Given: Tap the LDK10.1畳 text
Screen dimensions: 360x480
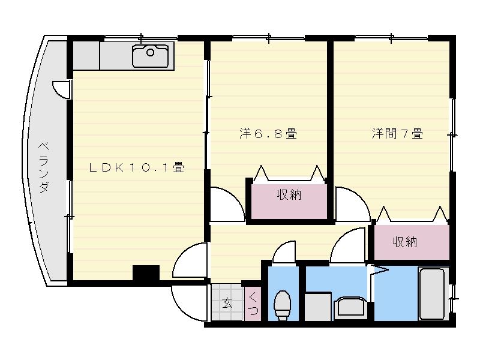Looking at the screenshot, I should (136, 169).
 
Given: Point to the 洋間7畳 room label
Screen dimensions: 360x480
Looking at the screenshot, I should (397, 134).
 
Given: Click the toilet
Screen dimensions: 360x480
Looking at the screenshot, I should (281, 304).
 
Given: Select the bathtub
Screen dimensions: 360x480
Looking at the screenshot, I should (431, 295).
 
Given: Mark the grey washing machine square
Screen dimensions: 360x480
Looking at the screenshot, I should (318, 307).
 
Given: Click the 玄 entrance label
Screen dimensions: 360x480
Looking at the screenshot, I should (227, 303).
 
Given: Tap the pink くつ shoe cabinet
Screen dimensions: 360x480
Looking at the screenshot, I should (253, 304).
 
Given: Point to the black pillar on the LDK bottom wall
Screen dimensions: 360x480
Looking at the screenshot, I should (146, 274).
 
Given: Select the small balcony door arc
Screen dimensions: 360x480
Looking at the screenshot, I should (61, 89).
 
